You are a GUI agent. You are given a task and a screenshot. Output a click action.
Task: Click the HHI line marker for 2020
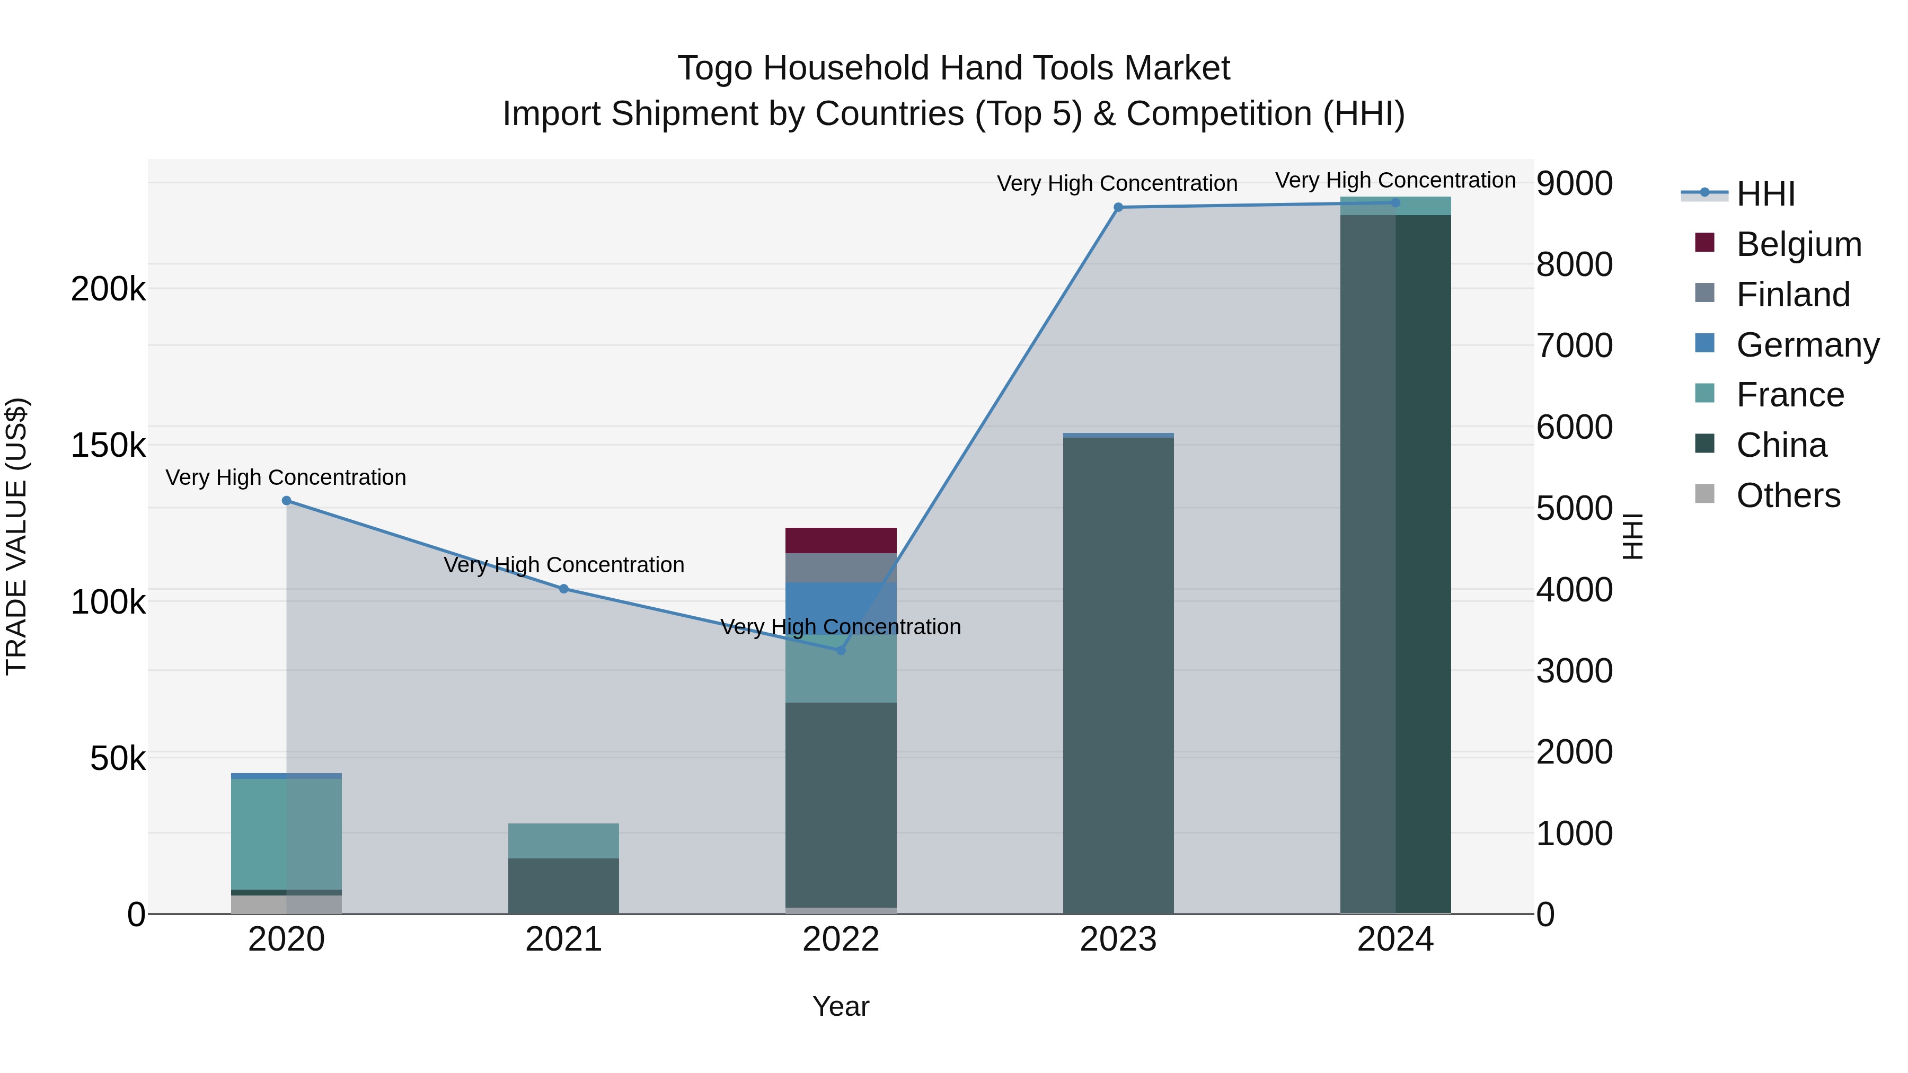[x=287, y=501]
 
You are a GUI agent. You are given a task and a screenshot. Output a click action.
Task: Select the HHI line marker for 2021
[x=564, y=589]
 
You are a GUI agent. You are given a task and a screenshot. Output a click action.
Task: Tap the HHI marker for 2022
[x=841, y=650]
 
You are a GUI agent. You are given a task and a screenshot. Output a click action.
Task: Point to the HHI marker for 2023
[x=1118, y=207]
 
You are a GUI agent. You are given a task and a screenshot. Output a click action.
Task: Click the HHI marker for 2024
[x=1395, y=202]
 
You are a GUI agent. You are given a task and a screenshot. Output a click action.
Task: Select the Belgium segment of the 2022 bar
[x=841, y=540]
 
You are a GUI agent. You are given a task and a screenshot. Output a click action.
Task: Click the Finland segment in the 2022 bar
[x=841, y=568]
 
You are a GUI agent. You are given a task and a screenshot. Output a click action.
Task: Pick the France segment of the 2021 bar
[x=564, y=840]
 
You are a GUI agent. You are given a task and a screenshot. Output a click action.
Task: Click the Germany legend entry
[x=1807, y=345]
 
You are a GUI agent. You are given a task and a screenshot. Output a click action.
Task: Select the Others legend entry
[x=1788, y=495]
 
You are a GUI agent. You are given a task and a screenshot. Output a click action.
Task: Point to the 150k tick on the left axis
[x=108, y=446]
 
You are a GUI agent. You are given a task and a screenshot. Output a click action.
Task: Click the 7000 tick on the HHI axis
[x=1575, y=346]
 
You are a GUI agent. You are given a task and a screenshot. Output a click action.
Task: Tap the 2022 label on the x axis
[x=841, y=939]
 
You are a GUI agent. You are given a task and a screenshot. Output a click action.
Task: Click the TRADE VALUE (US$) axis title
[x=16, y=536]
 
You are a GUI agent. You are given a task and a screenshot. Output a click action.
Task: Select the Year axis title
[x=841, y=1006]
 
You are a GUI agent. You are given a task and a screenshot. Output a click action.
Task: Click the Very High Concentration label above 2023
[x=1117, y=184]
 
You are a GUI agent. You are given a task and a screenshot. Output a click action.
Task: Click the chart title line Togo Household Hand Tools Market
[x=953, y=68]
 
